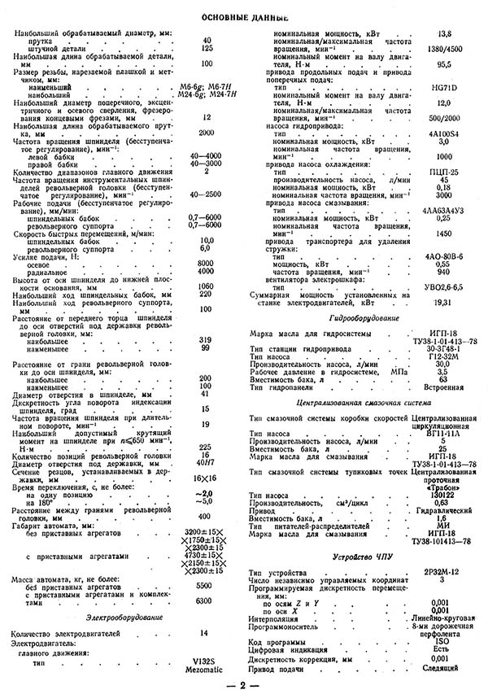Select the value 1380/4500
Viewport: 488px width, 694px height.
tap(445, 49)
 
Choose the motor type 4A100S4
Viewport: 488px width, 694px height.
tap(445, 133)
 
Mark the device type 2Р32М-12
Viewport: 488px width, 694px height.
tap(445, 573)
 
